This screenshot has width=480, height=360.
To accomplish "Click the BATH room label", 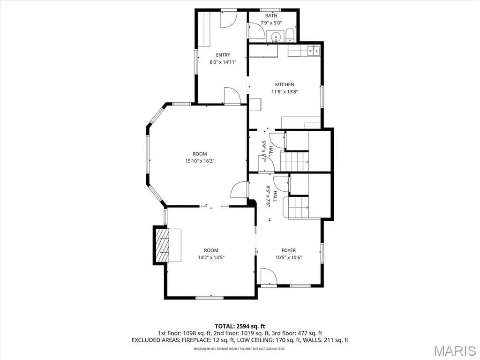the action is click(x=271, y=15).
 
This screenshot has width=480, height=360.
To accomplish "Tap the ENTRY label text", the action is click(x=223, y=55).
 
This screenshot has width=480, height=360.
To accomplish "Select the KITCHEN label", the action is click(x=285, y=84).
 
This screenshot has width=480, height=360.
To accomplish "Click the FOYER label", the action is click(x=289, y=250).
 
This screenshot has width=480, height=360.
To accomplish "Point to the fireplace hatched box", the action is click(x=162, y=245).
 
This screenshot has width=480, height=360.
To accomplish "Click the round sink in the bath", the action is click(x=276, y=37).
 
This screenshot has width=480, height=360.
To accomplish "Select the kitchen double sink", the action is click(x=313, y=50).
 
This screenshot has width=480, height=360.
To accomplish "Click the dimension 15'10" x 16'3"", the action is click(x=200, y=161).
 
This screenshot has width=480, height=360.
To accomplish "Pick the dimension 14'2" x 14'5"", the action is click(x=211, y=257).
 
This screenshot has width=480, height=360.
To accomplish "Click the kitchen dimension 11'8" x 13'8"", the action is click(x=285, y=91).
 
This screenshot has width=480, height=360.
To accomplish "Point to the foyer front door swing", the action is click(x=269, y=277).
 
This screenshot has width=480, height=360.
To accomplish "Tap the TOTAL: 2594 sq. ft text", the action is click(x=240, y=326).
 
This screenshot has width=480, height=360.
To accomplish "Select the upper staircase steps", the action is click(x=294, y=161).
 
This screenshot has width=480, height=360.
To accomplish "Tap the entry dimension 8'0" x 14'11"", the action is click(x=223, y=62).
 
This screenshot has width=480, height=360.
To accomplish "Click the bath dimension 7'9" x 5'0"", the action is click(x=271, y=22).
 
